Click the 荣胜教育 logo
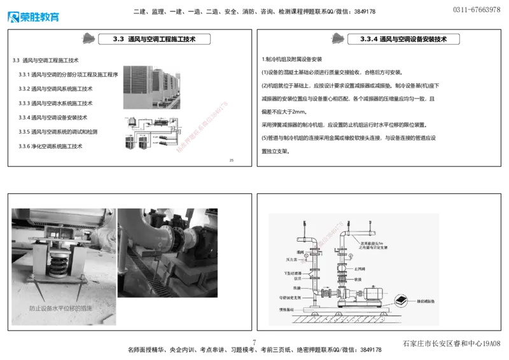click(x=33, y=16)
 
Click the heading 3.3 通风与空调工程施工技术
click(x=154, y=39)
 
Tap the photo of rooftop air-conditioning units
click(x=152, y=86)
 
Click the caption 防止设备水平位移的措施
click(x=60, y=309)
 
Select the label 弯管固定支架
click(x=289, y=296)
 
